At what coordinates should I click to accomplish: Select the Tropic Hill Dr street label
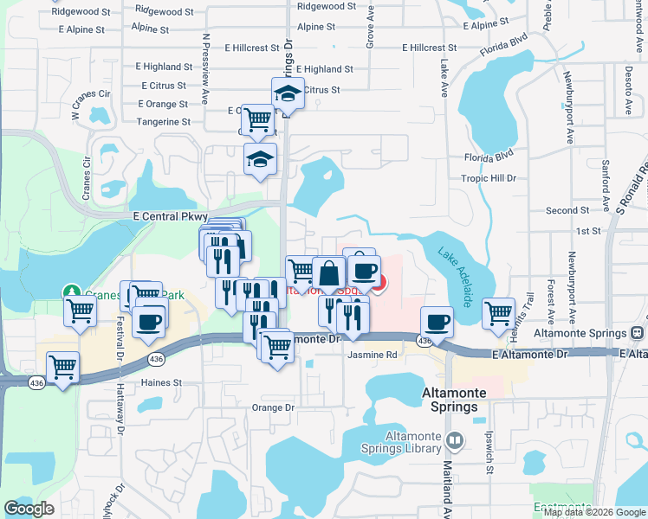489,178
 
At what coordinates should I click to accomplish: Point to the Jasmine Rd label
373,355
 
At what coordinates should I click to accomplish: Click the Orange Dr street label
274,407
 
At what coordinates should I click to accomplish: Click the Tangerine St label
163,122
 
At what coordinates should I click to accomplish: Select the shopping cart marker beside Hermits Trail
499,312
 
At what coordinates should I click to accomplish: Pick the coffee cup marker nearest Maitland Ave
437,322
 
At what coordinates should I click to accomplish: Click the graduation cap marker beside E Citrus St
288,93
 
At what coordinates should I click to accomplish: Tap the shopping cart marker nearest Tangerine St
257,119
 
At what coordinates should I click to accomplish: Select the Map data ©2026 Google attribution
594,512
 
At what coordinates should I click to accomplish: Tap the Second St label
567,210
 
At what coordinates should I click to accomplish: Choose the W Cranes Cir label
91,104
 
